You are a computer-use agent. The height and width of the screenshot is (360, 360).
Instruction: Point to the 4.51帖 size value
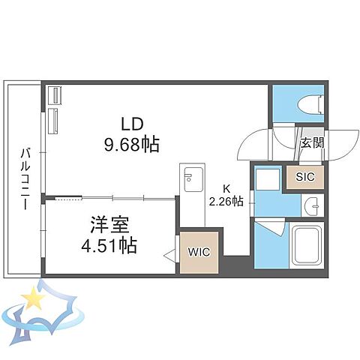click(109, 244)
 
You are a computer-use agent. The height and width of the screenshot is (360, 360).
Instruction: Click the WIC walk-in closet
click(199, 253)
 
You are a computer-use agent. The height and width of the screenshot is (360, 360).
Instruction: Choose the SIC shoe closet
click(305, 177)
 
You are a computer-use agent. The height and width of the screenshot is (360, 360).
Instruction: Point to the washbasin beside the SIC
click(314, 205)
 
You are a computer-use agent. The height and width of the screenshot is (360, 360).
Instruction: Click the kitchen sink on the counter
click(191, 179)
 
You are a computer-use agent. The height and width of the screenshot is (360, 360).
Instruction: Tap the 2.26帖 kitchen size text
click(225, 201)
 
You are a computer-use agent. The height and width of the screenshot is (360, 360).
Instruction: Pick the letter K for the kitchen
click(225, 188)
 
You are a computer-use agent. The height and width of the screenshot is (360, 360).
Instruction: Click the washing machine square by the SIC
click(266, 180)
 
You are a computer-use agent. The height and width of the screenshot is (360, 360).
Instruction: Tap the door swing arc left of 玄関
click(263, 142)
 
